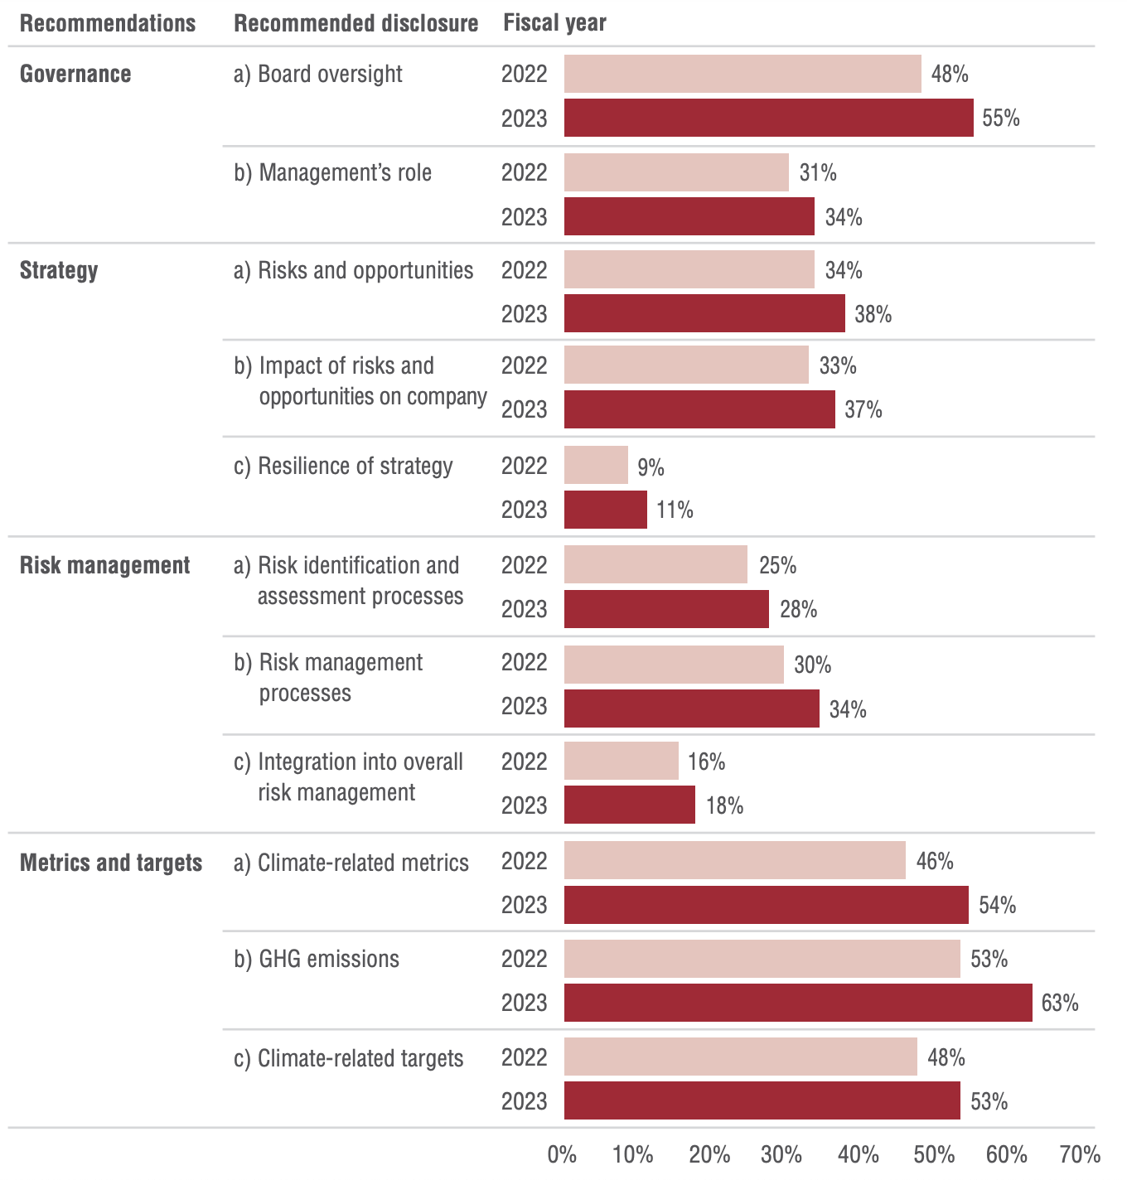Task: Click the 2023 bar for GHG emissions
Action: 798,1003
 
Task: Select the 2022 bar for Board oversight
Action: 742,74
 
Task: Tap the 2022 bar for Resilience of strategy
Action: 596,465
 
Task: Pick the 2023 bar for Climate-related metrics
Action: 766,905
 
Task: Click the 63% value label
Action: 1060,1003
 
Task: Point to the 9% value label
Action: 651,468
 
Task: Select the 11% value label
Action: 675,510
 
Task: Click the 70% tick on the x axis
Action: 1080,1154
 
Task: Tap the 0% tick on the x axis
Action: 563,1154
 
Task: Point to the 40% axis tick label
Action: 859,1154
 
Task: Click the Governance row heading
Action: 75,74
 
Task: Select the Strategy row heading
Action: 59,270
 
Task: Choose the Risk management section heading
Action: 104,565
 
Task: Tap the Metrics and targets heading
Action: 111,863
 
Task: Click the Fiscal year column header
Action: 554,23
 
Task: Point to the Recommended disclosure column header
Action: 356,23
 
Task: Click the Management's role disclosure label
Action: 333,172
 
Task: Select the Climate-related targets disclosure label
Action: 349,1058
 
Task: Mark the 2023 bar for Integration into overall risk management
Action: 630,805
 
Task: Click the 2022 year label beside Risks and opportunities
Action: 525,270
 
